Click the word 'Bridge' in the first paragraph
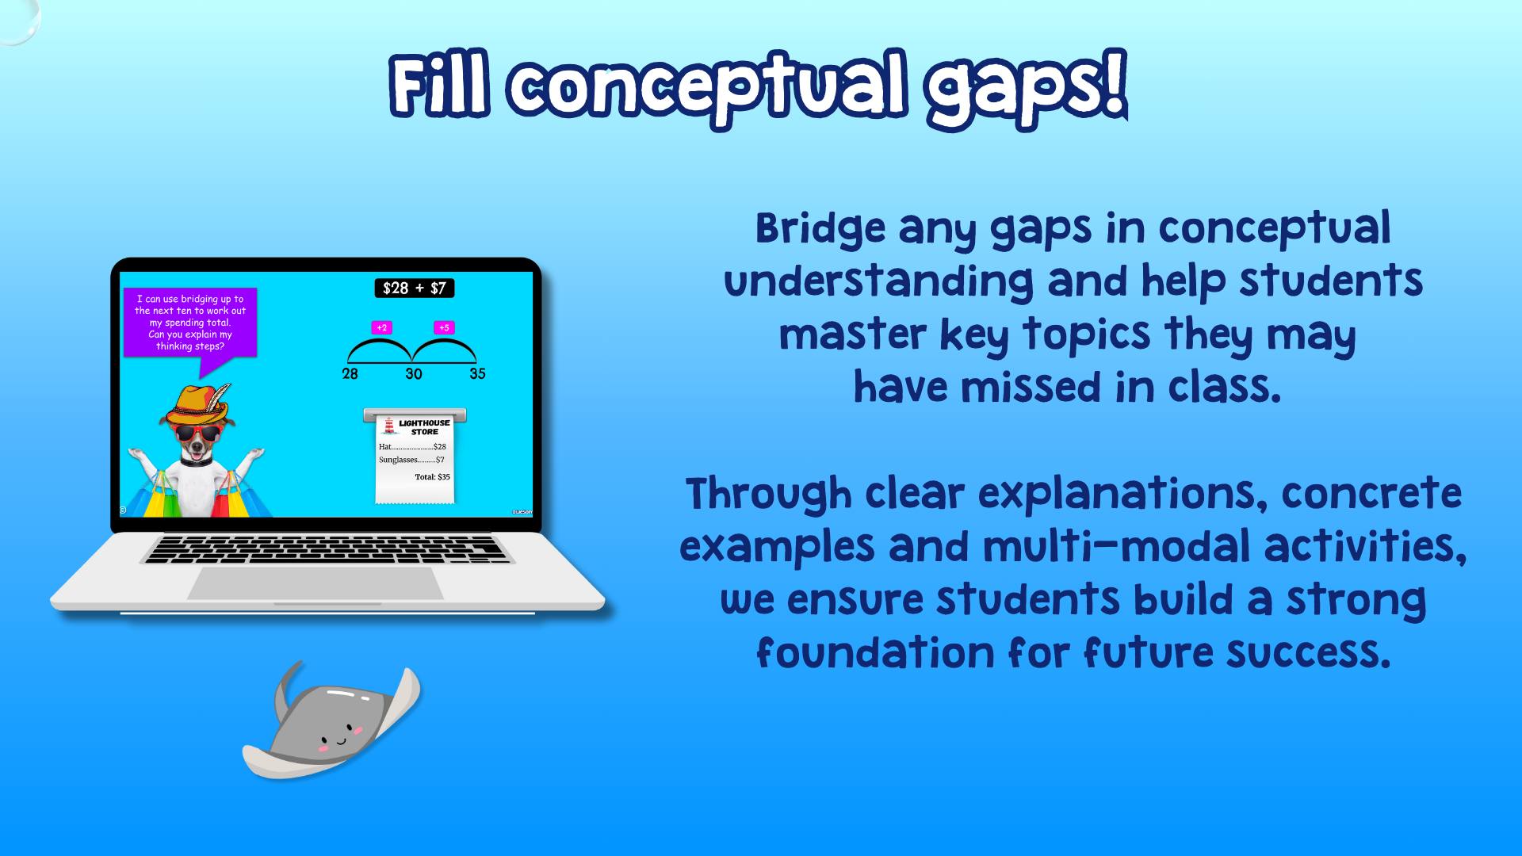pos(820,229)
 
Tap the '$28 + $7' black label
pos(415,289)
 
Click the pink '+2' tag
pos(382,327)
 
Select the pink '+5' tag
pos(444,327)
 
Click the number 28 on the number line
pos(350,373)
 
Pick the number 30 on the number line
pos(414,373)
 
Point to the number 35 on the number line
pos(477,373)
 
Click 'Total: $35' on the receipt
pos(432,477)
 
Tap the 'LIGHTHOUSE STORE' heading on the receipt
pos(424,427)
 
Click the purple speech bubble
pos(190,323)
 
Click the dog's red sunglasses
pos(197,434)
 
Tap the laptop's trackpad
pos(315,583)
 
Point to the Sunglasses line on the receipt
pos(411,460)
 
